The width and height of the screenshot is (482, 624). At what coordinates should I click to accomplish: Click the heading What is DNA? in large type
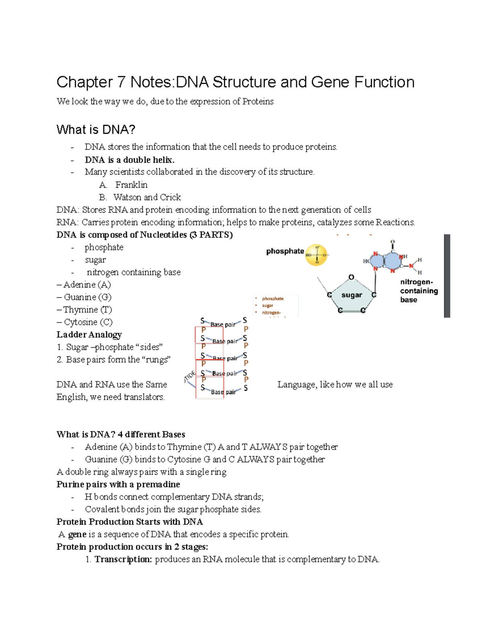[x=96, y=130]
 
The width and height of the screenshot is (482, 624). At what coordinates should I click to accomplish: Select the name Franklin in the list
[x=131, y=185]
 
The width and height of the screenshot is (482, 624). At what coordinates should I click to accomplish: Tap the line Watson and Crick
[x=147, y=197]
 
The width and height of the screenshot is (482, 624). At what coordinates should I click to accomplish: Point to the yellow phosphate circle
[x=317, y=255]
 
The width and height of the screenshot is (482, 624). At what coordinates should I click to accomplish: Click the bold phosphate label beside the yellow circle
[x=285, y=251]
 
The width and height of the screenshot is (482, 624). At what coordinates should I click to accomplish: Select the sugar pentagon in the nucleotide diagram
[x=351, y=296]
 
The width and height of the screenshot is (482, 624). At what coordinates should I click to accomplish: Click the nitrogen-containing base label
[x=419, y=291]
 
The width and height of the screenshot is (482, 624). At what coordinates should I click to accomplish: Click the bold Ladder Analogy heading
[x=89, y=335]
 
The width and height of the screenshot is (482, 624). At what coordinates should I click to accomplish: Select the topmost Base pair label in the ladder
[x=223, y=324]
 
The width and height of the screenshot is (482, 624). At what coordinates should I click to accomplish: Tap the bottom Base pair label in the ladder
[x=223, y=392]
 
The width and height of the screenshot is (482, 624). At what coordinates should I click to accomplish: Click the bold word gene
[x=77, y=534]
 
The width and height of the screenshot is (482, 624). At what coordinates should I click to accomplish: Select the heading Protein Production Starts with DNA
[x=130, y=522]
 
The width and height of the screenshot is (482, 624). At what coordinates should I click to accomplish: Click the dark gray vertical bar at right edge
[x=447, y=276]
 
